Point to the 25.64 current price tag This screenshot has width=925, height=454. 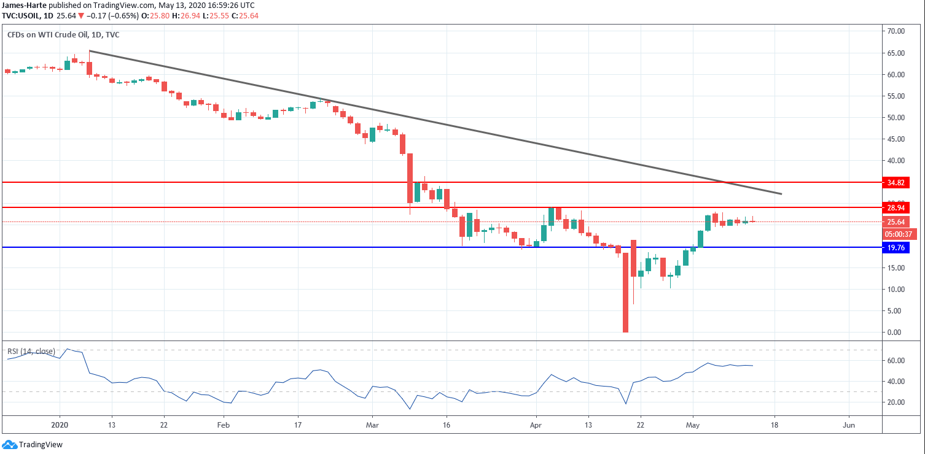(x=895, y=222)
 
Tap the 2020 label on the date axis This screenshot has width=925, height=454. (x=60, y=425)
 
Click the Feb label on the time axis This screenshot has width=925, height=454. (x=223, y=425)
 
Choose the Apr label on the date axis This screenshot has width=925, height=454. (x=536, y=425)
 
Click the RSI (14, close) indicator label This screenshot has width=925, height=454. (x=31, y=352)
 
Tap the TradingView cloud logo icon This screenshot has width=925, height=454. (x=9, y=445)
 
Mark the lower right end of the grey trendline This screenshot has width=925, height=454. (x=781, y=194)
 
